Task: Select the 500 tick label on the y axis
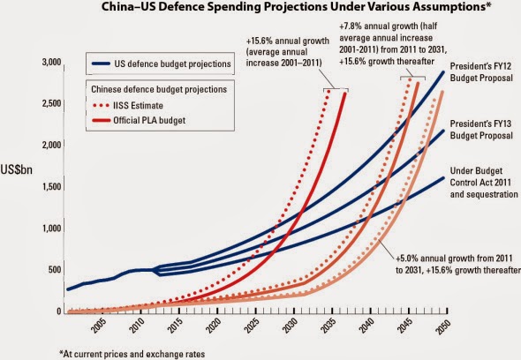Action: [x=54, y=270]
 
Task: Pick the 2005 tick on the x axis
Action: [x=96, y=326]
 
